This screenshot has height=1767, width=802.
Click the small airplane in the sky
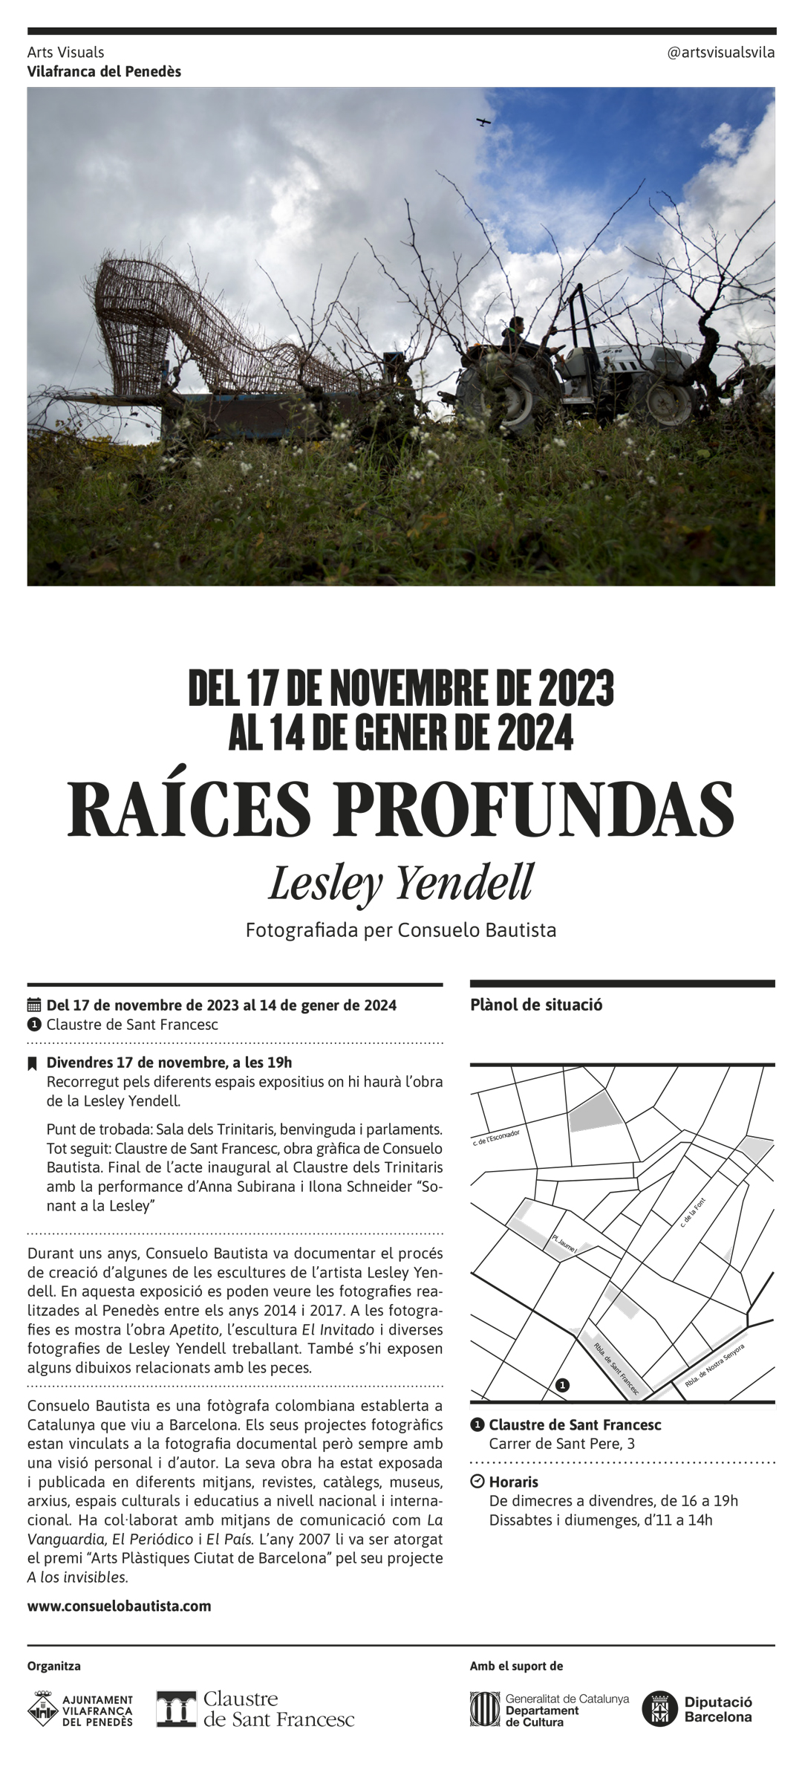pyautogui.click(x=484, y=121)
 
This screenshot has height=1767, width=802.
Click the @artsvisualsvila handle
pyautogui.click(x=720, y=52)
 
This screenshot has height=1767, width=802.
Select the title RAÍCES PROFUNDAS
pyautogui.click(x=401, y=810)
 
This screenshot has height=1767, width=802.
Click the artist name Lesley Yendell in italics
pyautogui.click(x=401, y=883)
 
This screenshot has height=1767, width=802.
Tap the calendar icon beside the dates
pyautogui.click(x=33, y=1005)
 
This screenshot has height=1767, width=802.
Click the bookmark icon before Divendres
pyautogui.click(x=32, y=1063)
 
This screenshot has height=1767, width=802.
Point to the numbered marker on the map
pyautogui.click(x=563, y=1385)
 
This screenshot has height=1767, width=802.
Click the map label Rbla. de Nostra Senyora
pyautogui.click(x=714, y=1365)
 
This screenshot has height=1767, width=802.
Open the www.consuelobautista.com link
pyautogui.click(x=119, y=1606)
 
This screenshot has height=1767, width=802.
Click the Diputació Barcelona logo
pyautogui.click(x=698, y=1709)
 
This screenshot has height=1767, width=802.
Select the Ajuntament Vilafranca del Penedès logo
pyautogui.click(x=80, y=1710)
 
